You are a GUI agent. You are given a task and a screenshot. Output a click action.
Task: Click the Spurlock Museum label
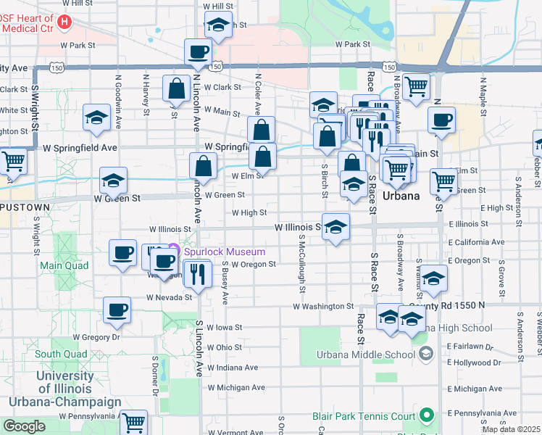coord(224,252)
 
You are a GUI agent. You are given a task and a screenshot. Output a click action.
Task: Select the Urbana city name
coord(401,196)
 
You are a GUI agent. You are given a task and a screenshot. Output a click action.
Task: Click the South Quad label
coord(61,355)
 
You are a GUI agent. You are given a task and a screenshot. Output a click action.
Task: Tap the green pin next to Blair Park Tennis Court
coord(427,416)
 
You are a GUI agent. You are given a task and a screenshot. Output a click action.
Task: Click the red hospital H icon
coord(64,22)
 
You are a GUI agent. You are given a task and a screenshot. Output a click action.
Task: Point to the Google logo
coord(24,426)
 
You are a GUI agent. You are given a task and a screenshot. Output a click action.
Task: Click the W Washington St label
coord(322,307)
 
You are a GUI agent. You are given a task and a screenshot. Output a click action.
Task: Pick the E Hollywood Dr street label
coord(475,362)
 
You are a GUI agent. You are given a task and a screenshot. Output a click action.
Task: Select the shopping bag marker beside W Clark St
coord(176,89)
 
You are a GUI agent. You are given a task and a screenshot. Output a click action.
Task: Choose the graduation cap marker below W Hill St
coord(218,25)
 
